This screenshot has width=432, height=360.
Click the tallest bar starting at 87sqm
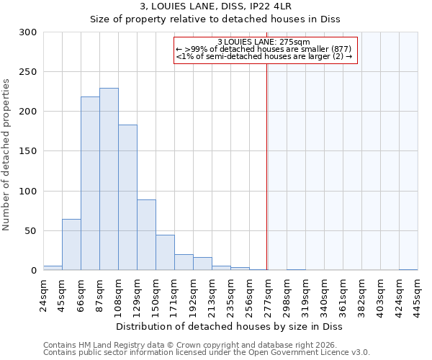click(109, 179)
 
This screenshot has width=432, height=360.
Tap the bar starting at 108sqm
click(127, 197)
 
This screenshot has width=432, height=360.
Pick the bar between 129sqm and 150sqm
click(146, 235)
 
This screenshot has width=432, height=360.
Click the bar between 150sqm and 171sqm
click(165, 253)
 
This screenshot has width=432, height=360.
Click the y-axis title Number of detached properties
click(7, 151)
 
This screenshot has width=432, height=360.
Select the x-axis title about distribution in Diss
click(229, 326)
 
